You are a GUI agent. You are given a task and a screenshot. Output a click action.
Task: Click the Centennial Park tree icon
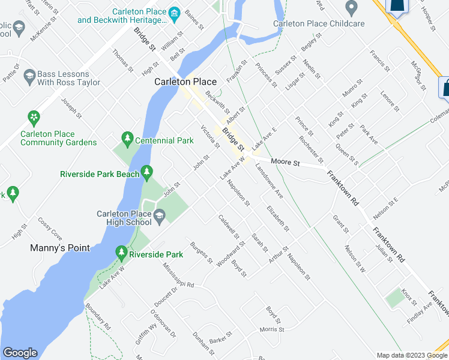pyautogui.click(x=127, y=139)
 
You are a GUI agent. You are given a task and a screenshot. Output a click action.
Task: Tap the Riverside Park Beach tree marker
pyautogui.click(x=146, y=173)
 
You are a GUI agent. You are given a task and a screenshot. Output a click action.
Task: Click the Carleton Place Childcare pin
pyautogui.click(x=352, y=8)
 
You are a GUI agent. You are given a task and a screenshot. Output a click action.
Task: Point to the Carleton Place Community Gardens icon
pyautogui.click(x=34, y=116)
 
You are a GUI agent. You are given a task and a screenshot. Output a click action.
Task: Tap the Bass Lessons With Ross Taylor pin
pyautogui.click(x=29, y=77)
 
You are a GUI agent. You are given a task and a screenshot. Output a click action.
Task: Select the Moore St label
pyautogui.click(x=285, y=162)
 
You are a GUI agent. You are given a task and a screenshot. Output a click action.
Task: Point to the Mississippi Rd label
pyautogui.click(x=178, y=277)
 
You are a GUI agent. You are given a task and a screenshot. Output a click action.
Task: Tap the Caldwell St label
pyautogui.click(x=229, y=227)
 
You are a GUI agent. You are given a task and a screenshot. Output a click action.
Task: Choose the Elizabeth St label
pyautogui.click(x=278, y=219)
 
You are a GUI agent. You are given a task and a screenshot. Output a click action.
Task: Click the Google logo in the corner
pyautogui.click(x=20, y=353)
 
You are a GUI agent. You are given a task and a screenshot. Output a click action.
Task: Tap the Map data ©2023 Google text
pyautogui.click(x=412, y=355)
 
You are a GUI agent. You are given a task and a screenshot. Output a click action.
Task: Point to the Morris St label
pyautogui.click(x=271, y=329)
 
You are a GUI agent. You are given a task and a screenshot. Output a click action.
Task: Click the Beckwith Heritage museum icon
pyautogui.click(x=175, y=14)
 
